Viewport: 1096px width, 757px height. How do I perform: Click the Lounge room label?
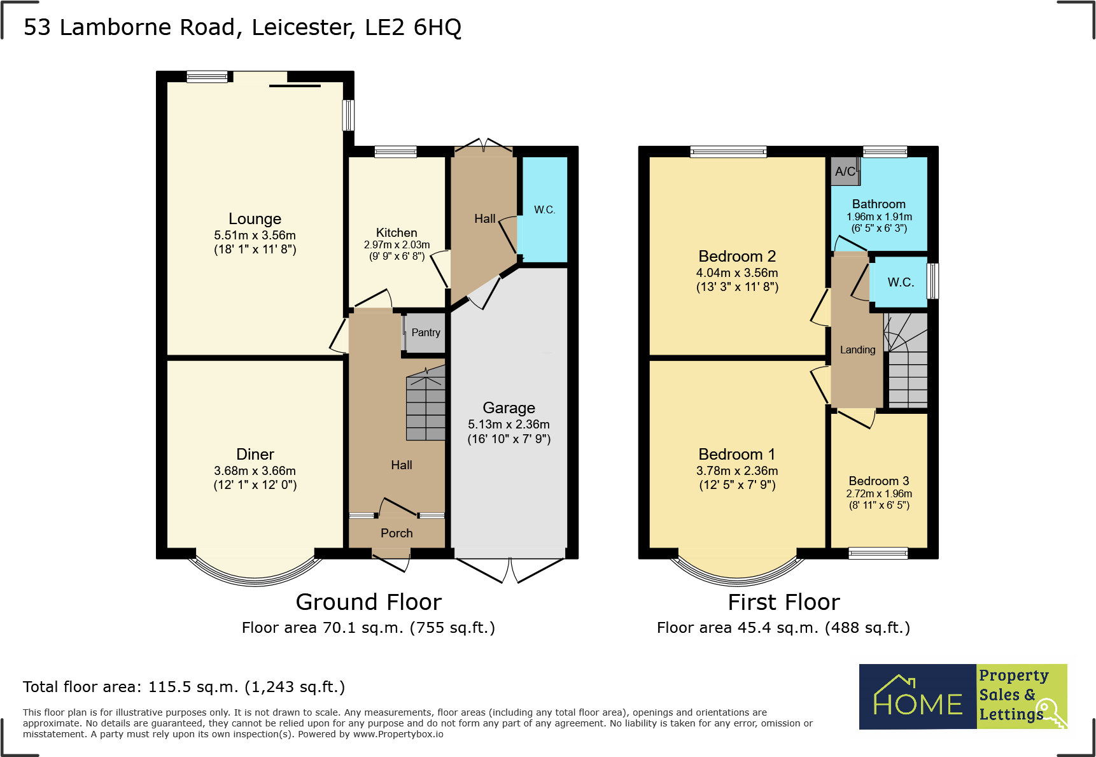[x=255, y=219]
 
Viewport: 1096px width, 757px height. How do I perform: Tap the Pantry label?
[x=426, y=332]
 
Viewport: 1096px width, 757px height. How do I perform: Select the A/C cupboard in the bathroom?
[x=845, y=171]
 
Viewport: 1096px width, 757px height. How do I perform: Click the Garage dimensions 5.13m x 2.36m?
[x=509, y=424]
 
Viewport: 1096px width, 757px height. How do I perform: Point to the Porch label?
[x=397, y=533]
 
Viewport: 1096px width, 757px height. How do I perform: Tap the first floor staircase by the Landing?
[x=906, y=360]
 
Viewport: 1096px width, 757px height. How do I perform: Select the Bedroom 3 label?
[x=879, y=481]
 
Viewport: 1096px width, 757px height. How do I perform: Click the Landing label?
[x=857, y=350]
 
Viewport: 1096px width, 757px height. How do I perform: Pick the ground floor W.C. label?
[x=544, y=209]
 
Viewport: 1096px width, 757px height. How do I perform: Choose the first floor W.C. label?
[x=901, y=282]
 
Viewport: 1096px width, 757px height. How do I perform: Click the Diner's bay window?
[x=255, y=568]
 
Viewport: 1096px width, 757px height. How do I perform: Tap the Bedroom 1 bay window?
[x=738, y=568]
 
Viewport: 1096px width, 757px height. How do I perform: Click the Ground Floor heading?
[x=369, y=602]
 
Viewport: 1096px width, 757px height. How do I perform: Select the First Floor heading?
[x=783, y=602]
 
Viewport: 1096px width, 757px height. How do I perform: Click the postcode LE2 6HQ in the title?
[x=413, y=27]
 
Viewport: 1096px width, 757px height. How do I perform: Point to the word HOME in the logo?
[x=918, y=704]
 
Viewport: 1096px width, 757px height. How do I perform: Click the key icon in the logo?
[x=1050, y=714]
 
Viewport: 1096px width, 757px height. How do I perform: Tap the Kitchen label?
[x=397, y=233]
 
